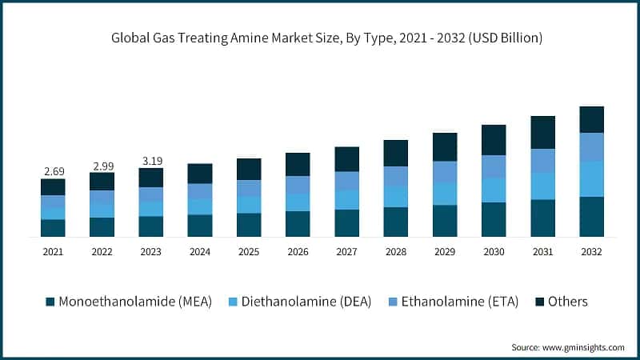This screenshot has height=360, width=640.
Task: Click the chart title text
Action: tap(320, 38)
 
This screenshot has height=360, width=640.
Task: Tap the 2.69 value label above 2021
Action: tap(53, 171)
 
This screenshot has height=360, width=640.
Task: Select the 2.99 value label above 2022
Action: tap(102, 166)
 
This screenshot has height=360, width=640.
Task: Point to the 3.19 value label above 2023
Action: tap(150, 161)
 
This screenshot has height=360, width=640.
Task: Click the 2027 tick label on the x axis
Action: tap(346, 251)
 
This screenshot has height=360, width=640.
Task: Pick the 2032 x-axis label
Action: tap(591, 251)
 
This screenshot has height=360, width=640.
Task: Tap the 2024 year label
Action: tap(199, 251)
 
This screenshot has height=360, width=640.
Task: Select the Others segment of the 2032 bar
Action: tap(591, 119)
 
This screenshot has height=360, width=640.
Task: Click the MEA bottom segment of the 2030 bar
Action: tap(494, 219)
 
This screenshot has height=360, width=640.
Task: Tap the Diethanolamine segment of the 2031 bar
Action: tap(542, 186)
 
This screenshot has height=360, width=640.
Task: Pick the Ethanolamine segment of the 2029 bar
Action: tap(444, 172)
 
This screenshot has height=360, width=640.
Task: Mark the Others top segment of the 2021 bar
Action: tap(53, 186)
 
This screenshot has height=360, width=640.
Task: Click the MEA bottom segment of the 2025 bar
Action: tap(249, 225)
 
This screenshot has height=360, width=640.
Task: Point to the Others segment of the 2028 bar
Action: tap(395, 153)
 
